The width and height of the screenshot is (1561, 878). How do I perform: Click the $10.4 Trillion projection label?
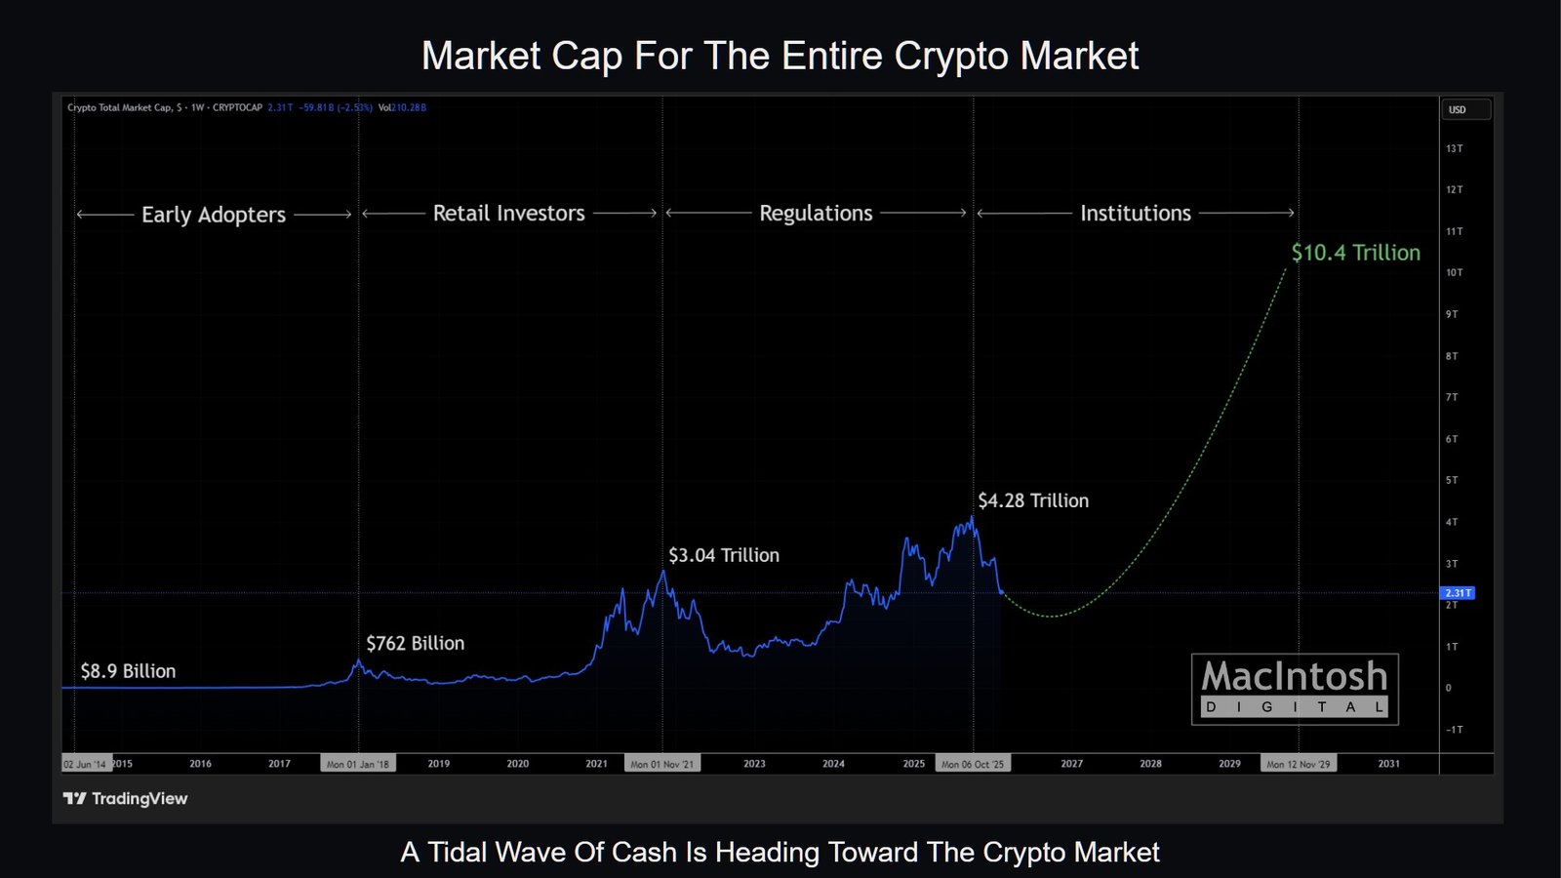(x=1355, y=253)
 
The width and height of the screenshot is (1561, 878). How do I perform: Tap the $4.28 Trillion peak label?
(x=1033, y=500)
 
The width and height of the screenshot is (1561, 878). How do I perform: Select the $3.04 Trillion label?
(x=724, y=555)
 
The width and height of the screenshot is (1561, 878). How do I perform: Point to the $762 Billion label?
(x=416, y=643)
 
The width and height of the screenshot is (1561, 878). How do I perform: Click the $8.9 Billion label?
(x=128, y=671)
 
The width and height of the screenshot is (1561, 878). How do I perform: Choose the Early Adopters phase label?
(x=214, y=215)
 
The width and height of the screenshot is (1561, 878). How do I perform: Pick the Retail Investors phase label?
(x=508, y=213)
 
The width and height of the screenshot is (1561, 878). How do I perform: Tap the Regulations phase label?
(x=816, y=213)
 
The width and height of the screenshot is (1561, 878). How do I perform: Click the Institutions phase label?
(x=1136, y=213)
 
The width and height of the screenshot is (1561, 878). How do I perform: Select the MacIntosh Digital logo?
(x=1295, y=689)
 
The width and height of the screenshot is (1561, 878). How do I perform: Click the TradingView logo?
(x=125, y=799)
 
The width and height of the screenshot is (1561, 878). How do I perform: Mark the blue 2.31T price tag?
(x=1458, y=593)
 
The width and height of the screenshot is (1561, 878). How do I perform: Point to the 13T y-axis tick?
(x=1454, y=149)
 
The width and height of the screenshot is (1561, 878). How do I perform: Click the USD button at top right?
(x=1465, y=109)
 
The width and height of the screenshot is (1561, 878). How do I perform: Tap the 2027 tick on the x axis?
(x=1071, y=764)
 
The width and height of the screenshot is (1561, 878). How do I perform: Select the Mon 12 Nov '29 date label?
(x=1298, y=764)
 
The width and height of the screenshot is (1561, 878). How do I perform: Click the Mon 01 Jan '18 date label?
(x=357, y=764)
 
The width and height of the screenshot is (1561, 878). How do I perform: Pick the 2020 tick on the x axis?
(x=517, y=764)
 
